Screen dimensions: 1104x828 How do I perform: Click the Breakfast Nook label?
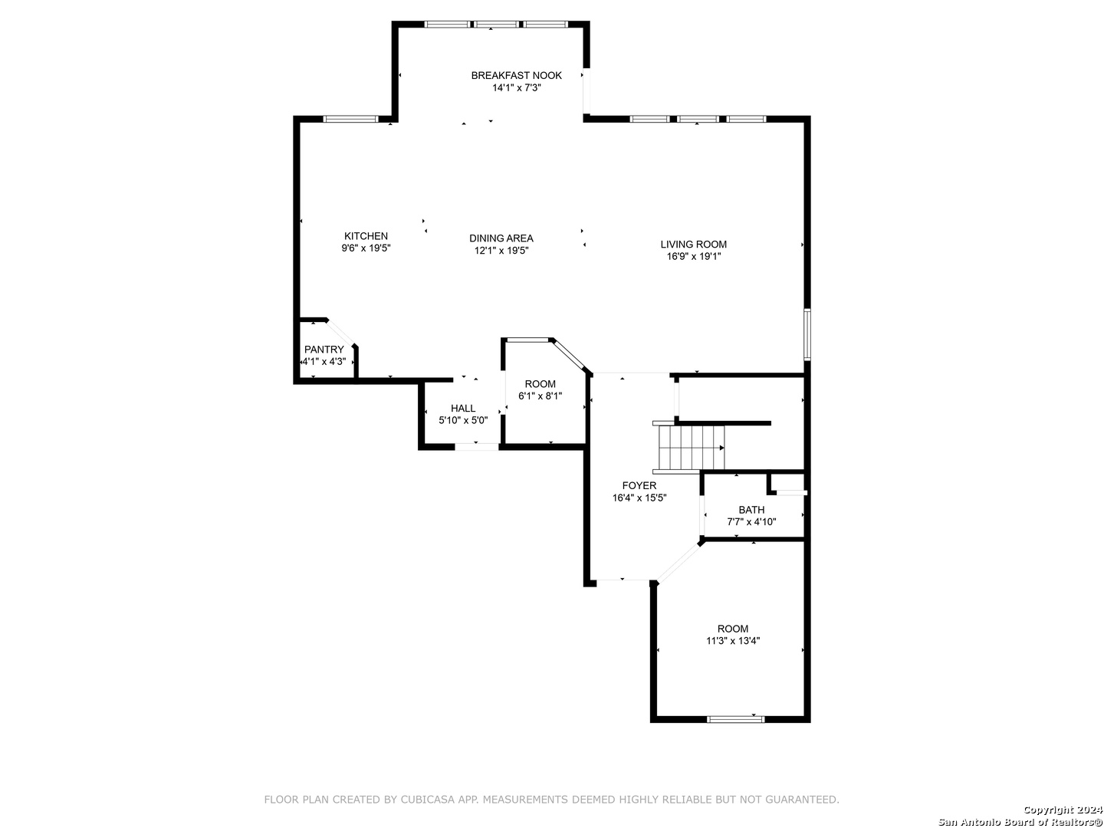(x=516, y=75)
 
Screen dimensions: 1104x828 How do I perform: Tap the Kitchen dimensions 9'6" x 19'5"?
(x=366, y=248)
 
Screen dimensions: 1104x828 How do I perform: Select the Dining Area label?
(x=501, y=238)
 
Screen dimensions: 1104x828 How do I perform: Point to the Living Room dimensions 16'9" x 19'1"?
(x=693, y=256)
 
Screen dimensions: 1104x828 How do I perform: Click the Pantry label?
(x=324, y=350)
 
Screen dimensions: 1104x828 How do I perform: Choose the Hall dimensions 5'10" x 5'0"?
(x=463, y=420)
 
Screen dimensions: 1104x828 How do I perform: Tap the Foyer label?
(x=639, y=485)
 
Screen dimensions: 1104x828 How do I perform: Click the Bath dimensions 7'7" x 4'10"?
(x=751, y=522)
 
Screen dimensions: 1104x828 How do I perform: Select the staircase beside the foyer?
(x=688, y=448)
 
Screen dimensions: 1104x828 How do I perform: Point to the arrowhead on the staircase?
(x=721, y=448)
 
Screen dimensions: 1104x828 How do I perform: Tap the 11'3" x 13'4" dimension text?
(x=732, y=641)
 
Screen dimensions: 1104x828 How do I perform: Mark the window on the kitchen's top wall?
(x=350, y=119)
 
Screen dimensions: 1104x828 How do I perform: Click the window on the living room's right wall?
(x=807, y=334)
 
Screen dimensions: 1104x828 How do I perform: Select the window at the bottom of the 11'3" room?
(x=735, y=719)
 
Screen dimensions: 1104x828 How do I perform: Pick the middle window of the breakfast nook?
(x=497, y=24)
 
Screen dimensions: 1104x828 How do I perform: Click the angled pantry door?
(x=340, y=332)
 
